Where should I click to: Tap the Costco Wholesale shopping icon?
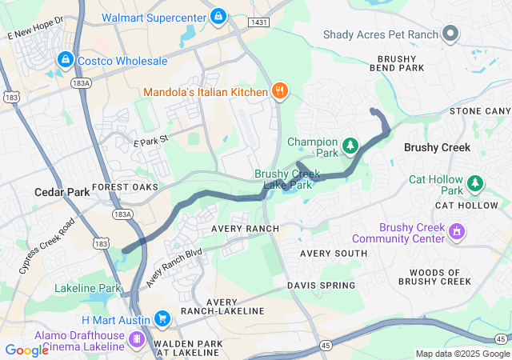65,60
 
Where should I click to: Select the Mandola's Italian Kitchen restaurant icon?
279,91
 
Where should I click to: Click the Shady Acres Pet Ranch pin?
450,33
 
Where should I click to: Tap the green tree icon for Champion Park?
350,146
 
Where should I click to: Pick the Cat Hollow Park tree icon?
475,184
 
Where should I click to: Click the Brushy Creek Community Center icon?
458,232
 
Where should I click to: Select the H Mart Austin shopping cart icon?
162,319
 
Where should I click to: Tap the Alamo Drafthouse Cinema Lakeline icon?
137,341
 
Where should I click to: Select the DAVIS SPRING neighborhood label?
321,285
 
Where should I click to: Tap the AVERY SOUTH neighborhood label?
334,253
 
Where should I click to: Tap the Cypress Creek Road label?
47,246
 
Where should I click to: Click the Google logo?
26,350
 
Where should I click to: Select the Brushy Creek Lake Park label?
287,179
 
